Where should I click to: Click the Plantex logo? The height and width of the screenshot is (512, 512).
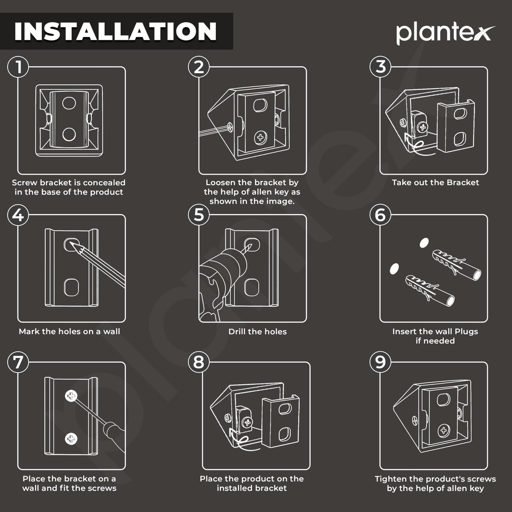pyautogui.click(x=445, y=33)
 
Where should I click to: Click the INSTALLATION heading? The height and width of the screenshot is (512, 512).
pyautogui.click(x=115, y=31)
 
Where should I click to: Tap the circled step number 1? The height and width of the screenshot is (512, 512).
pyautogui.click(x=18, y=67)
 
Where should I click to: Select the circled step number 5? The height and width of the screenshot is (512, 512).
pyautogui.click(x=199, y=215)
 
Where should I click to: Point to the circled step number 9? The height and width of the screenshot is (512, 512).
pyautogui.click(x=380, y=362)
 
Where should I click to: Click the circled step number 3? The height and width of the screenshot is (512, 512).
pyautogui.click(x=380, y=67)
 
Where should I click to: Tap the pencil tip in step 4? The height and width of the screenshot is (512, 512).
pyautogui.click(x=71, y=242)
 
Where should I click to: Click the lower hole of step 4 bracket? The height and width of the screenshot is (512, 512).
pyautogui.click(x=72, y=287)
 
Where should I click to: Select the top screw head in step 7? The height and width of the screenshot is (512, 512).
pyautogui.click(x=71, y=396)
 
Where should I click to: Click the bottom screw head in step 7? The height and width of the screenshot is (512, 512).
pyautogui.click(x=71, y=439)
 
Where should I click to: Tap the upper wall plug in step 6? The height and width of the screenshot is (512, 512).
pyautogui.click(x=456, y=265)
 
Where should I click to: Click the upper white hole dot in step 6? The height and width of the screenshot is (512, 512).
pyautogui.click(x=424, y=243)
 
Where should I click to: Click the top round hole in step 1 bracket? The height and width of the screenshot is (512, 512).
pyautogui.click(x=69, y=103)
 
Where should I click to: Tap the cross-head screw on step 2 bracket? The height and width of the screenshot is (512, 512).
pyautogui.click(x=261, y=138)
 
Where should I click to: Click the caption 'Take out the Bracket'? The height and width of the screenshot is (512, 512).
pyautogui.click(x=435, y=183)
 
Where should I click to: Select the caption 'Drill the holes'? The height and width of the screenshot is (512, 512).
pyautogui.click(x=257, y=332)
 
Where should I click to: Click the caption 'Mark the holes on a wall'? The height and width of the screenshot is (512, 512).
pyautogui.click(x=70, y=332)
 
